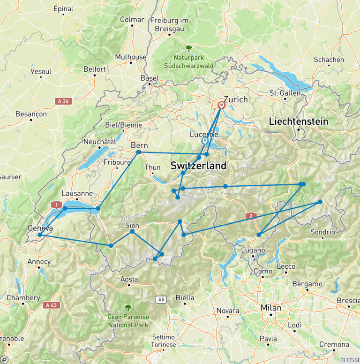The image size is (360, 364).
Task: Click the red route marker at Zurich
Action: pyautogui.click(x=222, y=106)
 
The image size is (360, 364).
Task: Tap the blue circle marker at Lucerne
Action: pyautogui.click(x=205, y=141)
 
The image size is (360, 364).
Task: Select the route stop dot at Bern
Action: pyautogui.click(x=139, y=152)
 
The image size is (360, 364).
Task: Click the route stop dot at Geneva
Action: pyautogui.click(x=40, y=235)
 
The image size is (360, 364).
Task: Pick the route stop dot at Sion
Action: pyautogui.click(x=132, y=231)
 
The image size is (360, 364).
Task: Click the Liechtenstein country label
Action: pyautogui.click(x=298, y=121)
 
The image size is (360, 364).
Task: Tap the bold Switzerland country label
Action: pyautogui.click(x=198, y=166)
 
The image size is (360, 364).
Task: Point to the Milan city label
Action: pyautogui.click(x=271, y=308)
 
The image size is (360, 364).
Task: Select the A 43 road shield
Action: pyautogui.click(x=52, y=305)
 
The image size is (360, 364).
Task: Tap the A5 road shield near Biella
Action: pyautogui.click(x=162, y=299)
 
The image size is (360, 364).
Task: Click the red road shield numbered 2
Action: pyautogui.click(x=251, y=216)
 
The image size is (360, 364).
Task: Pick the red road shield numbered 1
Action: pyautogui.click(x=57, y=205)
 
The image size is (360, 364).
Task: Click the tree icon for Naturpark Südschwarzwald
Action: pyautogui.click(x=188, y=48)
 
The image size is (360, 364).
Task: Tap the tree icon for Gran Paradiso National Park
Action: pyautogui.click(x=128, y=308)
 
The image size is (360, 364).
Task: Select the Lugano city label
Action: pyautogui.click(x=253, y=250)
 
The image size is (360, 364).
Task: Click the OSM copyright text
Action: pyautogui.click(x=349, y=359)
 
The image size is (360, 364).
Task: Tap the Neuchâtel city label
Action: pyautogui.click(x=99, y=141)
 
